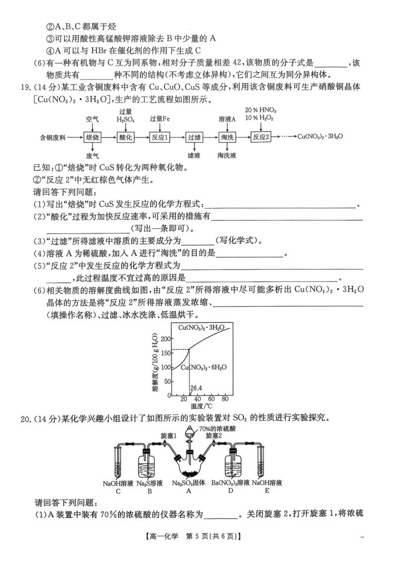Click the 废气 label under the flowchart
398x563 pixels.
point(93,155)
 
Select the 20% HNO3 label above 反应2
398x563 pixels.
point(261,109)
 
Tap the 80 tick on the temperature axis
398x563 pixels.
point(225,399)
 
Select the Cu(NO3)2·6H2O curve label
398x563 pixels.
point(204,367)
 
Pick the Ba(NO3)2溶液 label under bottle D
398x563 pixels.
point(230,483)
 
